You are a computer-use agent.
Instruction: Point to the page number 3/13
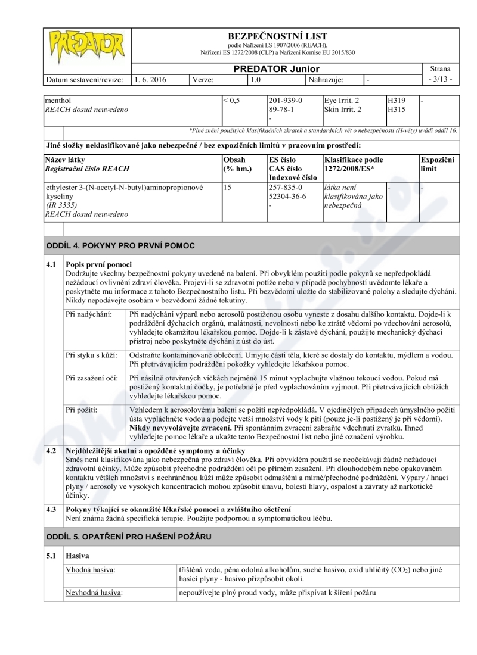pos(441,79)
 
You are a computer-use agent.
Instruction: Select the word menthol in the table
pos(58,101)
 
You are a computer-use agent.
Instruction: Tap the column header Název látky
pos(65,160)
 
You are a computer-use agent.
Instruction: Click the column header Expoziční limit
pos(438,164)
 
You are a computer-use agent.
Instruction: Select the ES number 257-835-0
pos(286,187)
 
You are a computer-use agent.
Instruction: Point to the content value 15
pos(227,187)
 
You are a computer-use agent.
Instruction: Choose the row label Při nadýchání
pos(88,313)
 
